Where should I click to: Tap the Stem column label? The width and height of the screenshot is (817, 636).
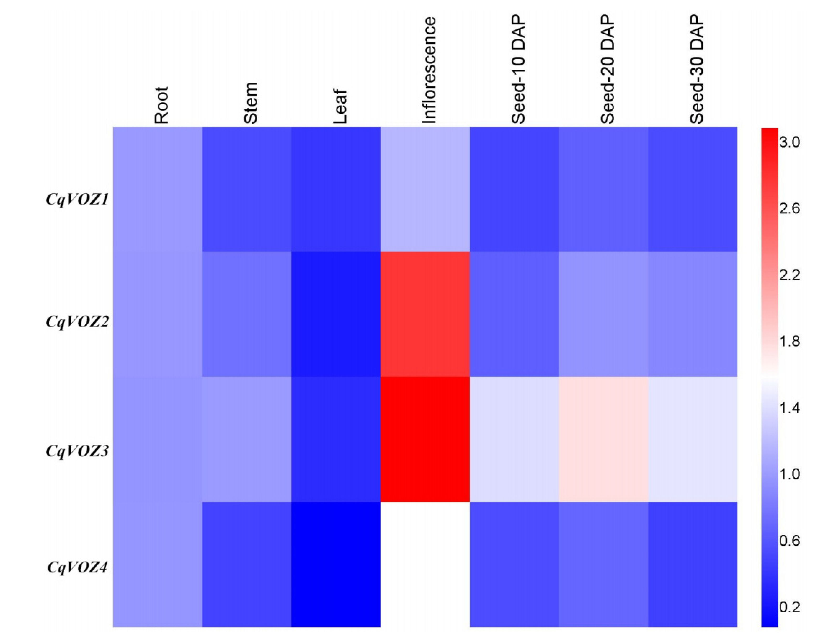[x=251, y=103]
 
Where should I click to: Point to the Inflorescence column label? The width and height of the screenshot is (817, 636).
[x=429, y=70]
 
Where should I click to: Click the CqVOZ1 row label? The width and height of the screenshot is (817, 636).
[x=77, y=199]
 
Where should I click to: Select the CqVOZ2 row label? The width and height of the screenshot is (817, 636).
[x=77, y=321]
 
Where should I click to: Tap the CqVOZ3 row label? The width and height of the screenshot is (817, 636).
[x=77, y=451]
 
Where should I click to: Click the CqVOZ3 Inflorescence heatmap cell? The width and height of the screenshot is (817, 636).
[x=425, y=439]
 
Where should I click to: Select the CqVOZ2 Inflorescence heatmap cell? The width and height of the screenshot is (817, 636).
[x=425, y=314]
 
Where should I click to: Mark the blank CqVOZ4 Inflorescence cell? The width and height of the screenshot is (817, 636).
[x=425, y=564]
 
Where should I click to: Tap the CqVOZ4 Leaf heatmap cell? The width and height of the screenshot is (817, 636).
[x=336, y=564]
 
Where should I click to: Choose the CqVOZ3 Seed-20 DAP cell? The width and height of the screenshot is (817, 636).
[x=603, y=439]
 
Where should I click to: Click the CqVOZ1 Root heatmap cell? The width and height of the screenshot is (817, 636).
[x=158, y=189]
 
